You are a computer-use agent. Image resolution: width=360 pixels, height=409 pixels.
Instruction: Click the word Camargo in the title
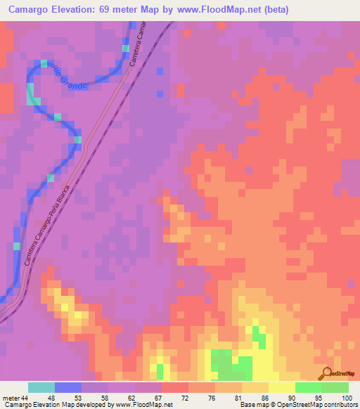point(32,10)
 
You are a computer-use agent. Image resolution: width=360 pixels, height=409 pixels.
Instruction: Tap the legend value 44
point(27,398)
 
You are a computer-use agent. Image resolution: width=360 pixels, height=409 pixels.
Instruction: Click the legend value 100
point(345,398)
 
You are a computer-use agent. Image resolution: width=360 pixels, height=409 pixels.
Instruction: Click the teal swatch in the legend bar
point(41,387)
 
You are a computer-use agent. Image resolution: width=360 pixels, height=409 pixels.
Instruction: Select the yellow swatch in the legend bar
point(281,387)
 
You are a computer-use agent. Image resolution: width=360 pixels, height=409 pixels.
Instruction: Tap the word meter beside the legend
point(11,398)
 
